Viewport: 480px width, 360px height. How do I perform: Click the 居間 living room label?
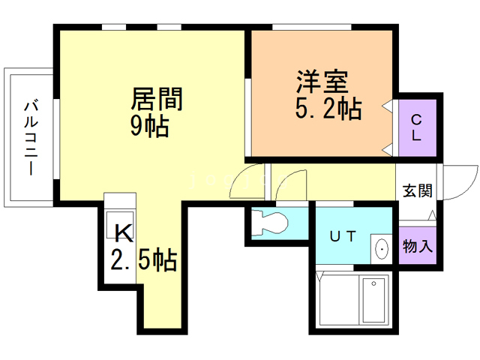(157, 99)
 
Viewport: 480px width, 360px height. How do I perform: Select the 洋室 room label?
(320, 80)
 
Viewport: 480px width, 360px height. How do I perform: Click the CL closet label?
(416, 127)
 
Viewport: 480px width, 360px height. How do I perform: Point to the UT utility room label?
(343, 236)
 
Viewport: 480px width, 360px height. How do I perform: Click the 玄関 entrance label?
(417, 190)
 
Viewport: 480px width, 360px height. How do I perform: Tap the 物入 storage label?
(418, 246)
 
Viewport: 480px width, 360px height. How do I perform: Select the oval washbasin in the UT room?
(381, 248)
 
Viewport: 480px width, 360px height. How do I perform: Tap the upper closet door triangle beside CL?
(388, 107)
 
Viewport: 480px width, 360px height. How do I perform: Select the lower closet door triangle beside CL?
(388, 145)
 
